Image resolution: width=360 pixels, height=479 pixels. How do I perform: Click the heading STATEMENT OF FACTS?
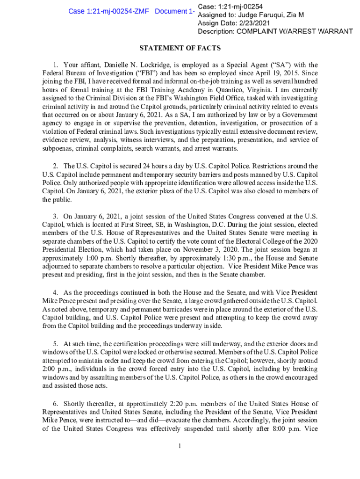point(180,48)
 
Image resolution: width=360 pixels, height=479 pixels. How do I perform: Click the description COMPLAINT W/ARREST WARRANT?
point(295,31)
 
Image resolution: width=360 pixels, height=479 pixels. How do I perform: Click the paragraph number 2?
point(55,166)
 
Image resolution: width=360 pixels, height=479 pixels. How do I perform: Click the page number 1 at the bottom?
point(180,446)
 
